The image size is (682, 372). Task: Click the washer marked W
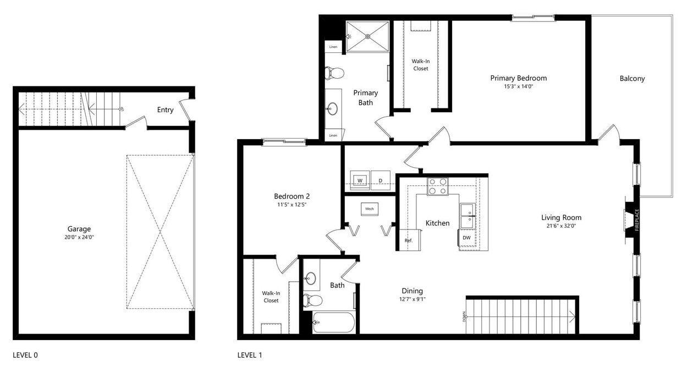coord(360,180)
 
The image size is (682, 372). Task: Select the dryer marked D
coord(380,180)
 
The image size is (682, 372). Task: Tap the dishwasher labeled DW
coord(466,238)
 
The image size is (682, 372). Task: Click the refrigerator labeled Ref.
coord(408,240)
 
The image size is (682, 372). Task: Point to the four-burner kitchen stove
coord(437,187)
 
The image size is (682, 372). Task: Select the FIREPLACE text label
coord(637,220)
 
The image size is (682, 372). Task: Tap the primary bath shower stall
coord(367,36)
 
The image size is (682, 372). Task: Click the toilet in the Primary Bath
coord(334,73)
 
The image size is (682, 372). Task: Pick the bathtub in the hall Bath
coord(333,322)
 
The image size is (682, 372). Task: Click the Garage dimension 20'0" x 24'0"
coord(79,237)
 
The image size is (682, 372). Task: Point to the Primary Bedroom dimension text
coord(519,86)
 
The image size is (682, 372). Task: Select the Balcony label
coord(632,79)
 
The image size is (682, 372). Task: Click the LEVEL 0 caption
coord(25,355)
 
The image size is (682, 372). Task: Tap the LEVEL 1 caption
coord(250,355)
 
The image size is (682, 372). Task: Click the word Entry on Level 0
coord(165,110)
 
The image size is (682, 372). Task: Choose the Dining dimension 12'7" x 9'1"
coord(412,299)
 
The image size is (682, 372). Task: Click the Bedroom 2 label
coord(292,196)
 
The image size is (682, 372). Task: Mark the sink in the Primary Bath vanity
coord(332,108)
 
